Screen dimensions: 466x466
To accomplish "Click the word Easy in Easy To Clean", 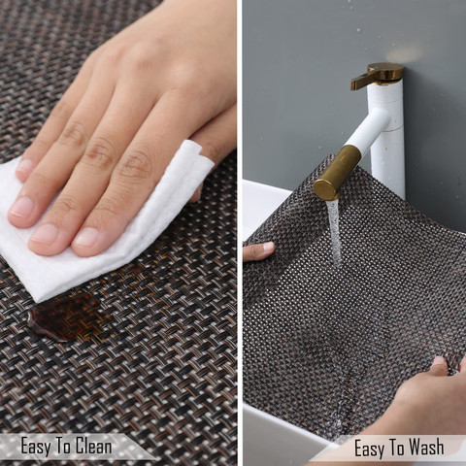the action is pos(36,447).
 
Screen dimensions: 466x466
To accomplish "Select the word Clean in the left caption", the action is pos(94,446).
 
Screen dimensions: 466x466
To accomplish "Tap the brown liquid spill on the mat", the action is pos(66,316).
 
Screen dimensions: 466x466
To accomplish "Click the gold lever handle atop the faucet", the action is pos(378,76).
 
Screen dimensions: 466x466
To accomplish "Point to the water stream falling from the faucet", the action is pos(333,231).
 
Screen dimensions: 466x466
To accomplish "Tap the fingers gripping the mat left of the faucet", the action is pos(259,250).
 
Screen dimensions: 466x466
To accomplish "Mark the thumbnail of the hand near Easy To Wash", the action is pos(439,361).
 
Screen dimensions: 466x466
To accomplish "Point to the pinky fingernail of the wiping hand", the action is pos(24,166).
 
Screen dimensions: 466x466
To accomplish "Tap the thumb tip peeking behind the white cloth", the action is pos(197,193).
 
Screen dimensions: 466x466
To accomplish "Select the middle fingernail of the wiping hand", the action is pos(45,234).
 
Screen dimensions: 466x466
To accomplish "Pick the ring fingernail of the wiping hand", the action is pos(22,208).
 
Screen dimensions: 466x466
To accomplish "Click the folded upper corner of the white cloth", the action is pos(193,153).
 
